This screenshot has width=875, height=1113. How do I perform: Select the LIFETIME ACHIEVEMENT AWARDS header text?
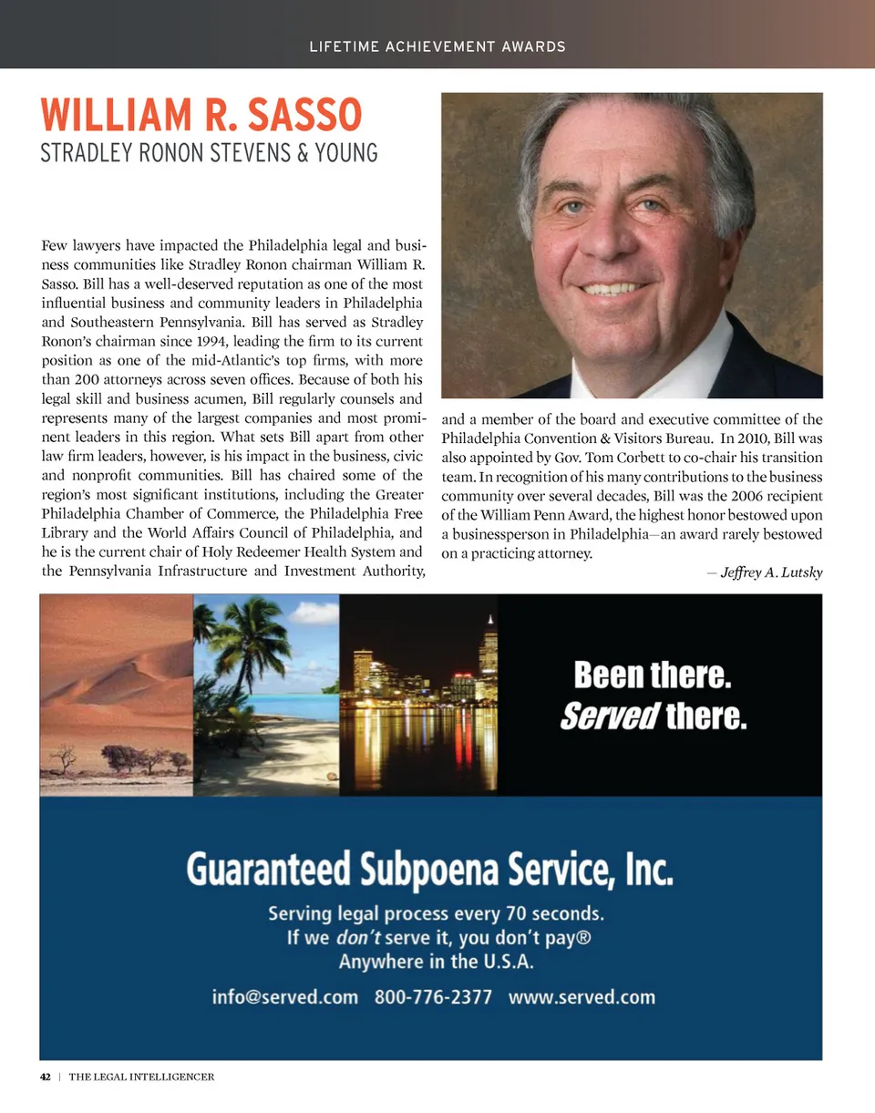437,46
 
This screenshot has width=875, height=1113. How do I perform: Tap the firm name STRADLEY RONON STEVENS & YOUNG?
209,153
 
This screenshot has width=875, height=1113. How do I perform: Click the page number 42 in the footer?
45,1077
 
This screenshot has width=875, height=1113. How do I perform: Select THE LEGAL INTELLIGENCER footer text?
141,1077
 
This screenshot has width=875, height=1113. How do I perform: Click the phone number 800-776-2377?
433,996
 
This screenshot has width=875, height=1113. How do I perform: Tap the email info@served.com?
284,996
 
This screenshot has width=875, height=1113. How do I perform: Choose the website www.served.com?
582,996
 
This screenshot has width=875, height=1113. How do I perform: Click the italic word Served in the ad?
609,717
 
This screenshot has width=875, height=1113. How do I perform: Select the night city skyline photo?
418,694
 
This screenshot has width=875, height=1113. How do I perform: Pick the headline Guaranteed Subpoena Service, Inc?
430,870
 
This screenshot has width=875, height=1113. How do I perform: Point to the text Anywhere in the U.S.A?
436,962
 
